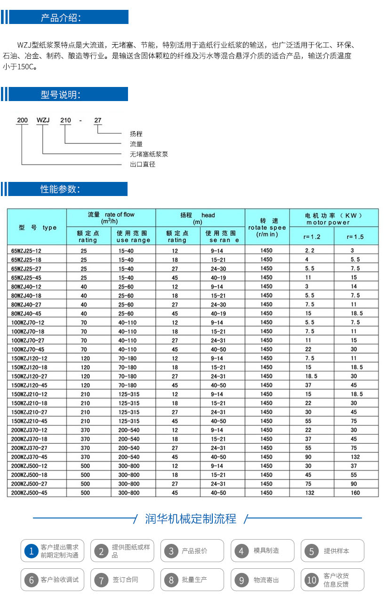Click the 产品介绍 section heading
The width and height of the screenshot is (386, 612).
coord(61,18)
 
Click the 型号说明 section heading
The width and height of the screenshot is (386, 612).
coord(61,95)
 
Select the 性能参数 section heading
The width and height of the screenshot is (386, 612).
coord(60,189)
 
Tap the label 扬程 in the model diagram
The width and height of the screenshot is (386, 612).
coord(136,134)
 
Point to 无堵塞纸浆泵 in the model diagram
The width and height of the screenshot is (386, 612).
coord(149,154)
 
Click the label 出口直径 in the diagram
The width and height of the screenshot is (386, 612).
coord(143,165)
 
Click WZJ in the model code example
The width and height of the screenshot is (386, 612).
coord(43,120)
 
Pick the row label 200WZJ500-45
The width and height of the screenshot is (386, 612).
coord(29,493)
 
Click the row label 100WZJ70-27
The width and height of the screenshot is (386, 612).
coord(28,340)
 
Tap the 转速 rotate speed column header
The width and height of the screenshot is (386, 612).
coord(267,227)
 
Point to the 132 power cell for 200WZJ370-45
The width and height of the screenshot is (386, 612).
coord(355,457)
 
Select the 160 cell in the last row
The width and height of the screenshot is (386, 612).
coord(355,493)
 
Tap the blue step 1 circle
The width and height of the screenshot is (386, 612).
coord(32,551)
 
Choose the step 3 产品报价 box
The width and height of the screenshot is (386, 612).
coord(192,551)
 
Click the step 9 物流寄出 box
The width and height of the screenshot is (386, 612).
coord(262,580)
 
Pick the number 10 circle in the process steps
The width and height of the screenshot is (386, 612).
coord(311,580)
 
